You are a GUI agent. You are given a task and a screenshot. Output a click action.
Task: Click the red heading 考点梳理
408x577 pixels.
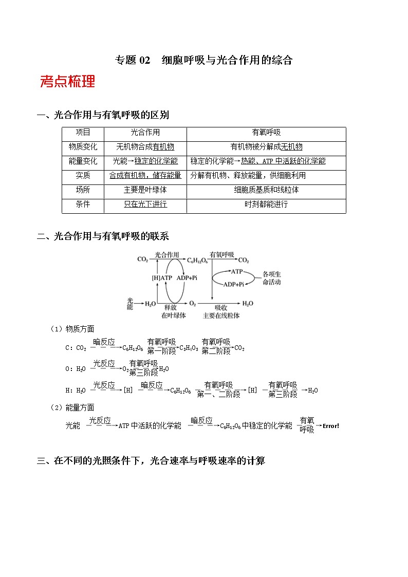(67, 81)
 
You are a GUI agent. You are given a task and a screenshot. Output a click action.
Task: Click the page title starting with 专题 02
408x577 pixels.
(203, 60)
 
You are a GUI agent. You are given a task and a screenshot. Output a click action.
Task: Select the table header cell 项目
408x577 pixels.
(83, 133)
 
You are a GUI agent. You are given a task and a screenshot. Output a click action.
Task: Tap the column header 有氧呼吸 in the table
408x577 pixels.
(266, 133)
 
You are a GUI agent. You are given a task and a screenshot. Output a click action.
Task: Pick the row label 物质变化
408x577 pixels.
(83, 147)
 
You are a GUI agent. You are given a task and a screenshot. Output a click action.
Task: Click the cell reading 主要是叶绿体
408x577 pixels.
(145, 190)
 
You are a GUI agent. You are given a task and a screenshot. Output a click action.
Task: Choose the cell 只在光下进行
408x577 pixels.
(145, 204)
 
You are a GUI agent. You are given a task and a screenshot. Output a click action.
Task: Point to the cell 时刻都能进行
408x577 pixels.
(266, 204)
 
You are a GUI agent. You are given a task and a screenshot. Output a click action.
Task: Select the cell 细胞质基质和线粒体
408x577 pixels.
(266, 190)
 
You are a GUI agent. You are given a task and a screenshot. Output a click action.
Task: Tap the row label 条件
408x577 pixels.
(83, 204)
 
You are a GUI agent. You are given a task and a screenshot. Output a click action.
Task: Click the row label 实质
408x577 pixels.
(83, 176)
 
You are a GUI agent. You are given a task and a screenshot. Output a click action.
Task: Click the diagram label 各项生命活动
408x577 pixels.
(271, 278)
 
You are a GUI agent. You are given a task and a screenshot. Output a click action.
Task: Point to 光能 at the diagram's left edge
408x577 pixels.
(129, 303)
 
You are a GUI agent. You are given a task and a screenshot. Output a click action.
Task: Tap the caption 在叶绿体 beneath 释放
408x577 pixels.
(173, 315)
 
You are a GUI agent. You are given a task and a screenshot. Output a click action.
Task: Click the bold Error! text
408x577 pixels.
(330, 426)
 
